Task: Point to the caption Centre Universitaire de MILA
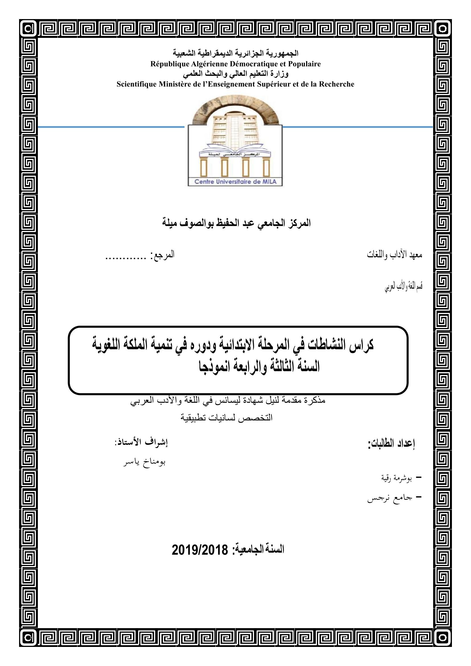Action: point(235,182)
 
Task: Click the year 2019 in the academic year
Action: point(185,549)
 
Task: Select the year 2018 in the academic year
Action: point(215,549)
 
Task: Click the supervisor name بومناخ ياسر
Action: point(144,462)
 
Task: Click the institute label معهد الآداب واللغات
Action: point(394,255)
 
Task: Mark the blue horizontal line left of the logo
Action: point(111,127)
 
